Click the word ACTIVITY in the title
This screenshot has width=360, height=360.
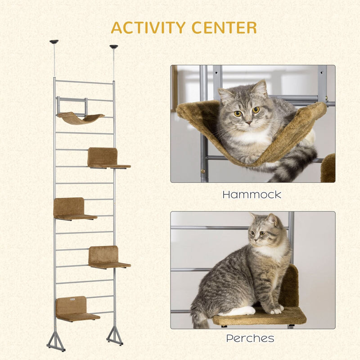coord(148,27)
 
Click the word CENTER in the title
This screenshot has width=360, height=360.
coord(224,27)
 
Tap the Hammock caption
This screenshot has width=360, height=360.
coord(252,195)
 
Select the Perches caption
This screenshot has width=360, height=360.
coord(250,338)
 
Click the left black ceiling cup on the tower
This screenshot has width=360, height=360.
coord(54,42)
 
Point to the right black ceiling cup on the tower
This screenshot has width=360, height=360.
coord(114,47)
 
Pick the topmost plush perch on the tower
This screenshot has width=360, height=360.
coord(108,158)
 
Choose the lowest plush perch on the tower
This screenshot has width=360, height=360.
coord(77,309)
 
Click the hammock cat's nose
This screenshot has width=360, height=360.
coord(249,123)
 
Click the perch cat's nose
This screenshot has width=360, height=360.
coord(254,240)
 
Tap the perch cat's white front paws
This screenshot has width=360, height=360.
coord(276,310)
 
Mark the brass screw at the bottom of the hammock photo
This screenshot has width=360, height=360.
coord(203,171)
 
